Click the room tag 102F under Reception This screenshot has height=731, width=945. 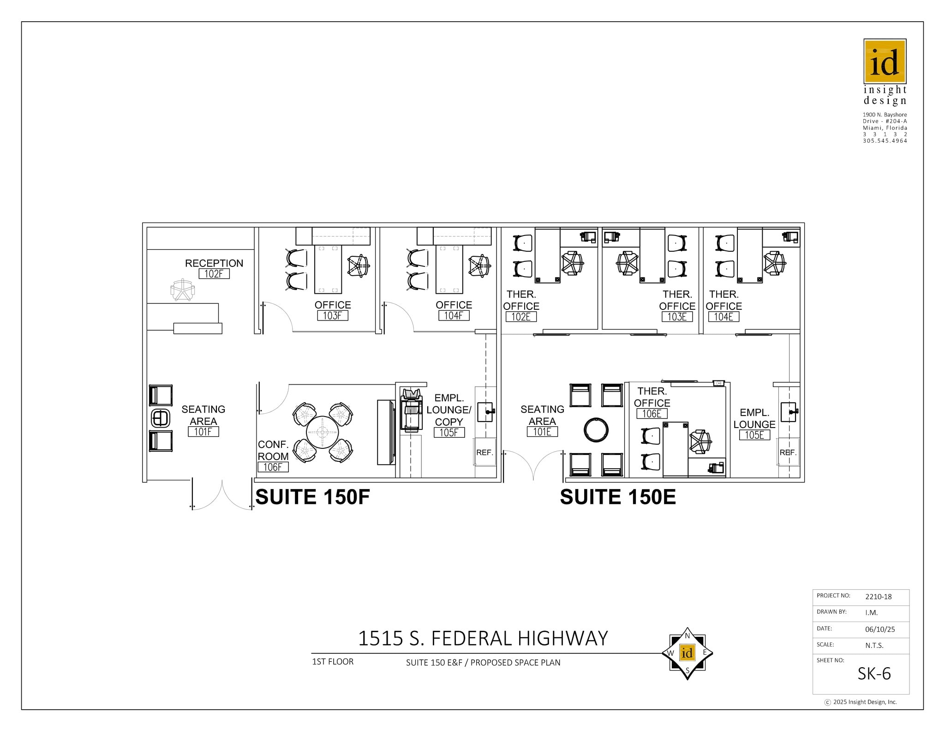pos(214,274)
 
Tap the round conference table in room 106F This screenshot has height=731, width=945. pos(322,433)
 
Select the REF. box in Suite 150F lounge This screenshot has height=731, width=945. pos(484,453)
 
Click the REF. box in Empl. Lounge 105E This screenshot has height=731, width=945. pos(788,453)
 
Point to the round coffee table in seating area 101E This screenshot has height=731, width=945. pos(596,429)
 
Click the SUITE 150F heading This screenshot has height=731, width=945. pos(312,497)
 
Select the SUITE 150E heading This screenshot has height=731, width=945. pos(618,497)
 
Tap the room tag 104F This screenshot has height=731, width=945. pos(454,316)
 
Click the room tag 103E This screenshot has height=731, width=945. pos(677,317)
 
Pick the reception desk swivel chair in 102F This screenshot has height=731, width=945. pos(183,290)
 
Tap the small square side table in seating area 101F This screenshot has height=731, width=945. pos(161,418)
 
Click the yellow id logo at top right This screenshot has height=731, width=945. pos(885,61)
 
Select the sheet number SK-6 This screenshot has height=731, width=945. pos(874,674)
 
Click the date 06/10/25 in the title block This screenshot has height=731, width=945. pos(879,629)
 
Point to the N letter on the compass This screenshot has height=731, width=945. pos(687,636)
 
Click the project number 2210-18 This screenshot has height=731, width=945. pos(878,597)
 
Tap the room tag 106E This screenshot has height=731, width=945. pos(652,414)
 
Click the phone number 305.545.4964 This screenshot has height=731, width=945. pos(885,141)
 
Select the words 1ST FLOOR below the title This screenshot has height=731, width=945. pos(333,662)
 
